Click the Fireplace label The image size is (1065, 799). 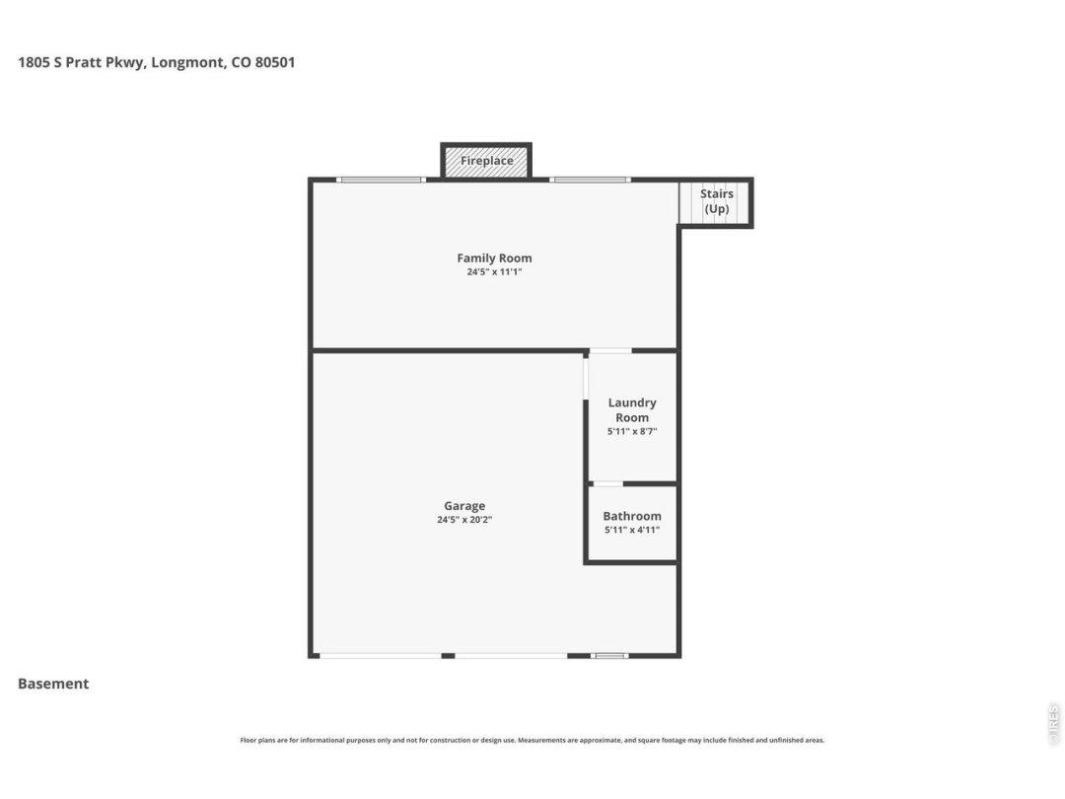pos(486,161)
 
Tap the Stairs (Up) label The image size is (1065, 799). pos(717,201)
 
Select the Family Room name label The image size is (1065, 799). pos(494,258)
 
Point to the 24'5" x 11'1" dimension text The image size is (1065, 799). pos(494,272)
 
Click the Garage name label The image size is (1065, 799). pos(464,506)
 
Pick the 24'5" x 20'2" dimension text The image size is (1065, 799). pos(464,521)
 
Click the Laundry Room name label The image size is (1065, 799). pos(632,410)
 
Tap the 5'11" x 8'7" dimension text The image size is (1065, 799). pos(632,432)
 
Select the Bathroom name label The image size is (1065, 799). pos(632,516)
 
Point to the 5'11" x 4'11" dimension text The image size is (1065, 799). pos(632,531)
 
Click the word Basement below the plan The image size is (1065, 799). pos(53,685)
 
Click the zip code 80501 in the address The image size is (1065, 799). pos(275,62)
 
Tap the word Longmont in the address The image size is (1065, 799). pos(187,63)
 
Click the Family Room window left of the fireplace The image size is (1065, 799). pos(381,181)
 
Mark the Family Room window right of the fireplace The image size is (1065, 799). pos(591,181)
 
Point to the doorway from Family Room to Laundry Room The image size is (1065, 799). pos(610,350)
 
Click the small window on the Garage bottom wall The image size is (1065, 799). pos(609,656)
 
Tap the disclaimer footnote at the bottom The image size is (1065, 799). pos(532,741)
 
